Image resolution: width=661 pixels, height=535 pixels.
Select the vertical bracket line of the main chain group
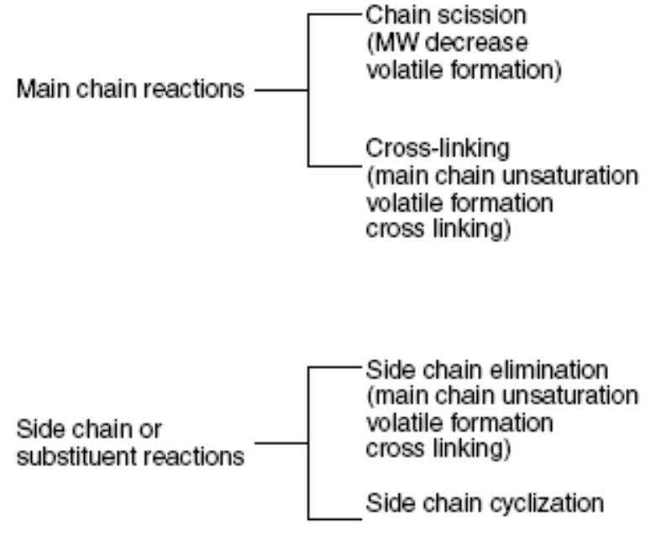click(x=310, y=91)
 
